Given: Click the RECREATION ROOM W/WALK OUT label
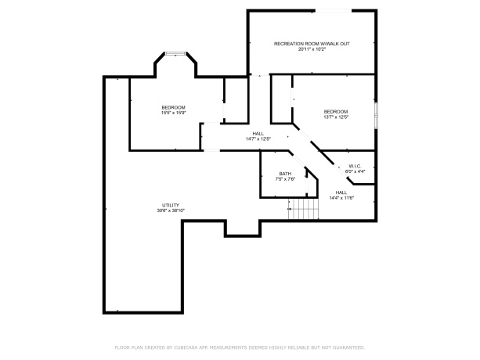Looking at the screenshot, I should (312, 43).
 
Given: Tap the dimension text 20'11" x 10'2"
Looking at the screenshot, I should (312, 49).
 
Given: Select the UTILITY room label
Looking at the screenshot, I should (171, 205).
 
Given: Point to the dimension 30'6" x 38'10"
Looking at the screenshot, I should (171, 211).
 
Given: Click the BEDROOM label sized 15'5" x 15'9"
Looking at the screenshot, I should (173, 107).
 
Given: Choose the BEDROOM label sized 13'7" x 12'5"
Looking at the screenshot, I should (335, 112).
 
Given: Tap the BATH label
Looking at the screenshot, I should (286, 174).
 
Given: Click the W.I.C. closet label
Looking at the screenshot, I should (355, 165).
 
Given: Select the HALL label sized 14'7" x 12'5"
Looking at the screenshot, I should (258, 133).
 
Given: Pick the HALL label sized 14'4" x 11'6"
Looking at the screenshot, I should (342, 192).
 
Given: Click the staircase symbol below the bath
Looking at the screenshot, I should (304, 210).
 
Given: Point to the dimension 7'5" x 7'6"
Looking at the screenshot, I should (286, 179).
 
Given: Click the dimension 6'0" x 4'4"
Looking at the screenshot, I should (355, 171).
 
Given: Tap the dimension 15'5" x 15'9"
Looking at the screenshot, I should (173, 113).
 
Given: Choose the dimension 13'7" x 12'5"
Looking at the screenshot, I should (335, 117).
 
